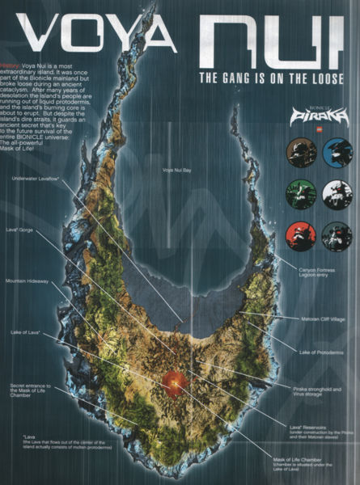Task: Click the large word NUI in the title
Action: click(x=271, y=39)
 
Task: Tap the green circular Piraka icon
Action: click(x=299, y=195)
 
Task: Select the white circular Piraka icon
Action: click(x=336, y=195)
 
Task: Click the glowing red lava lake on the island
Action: click(x=173, y=382)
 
